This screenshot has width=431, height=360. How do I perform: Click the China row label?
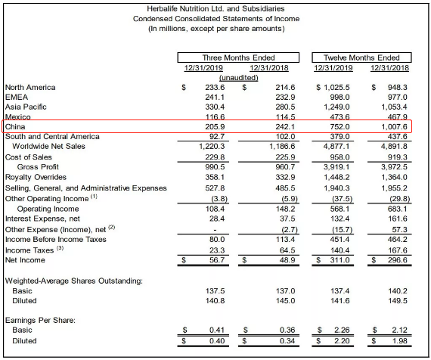[x=15, y=127]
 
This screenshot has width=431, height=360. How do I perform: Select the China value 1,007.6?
[x=394, y=127]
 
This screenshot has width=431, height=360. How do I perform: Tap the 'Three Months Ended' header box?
[x=238, y=57]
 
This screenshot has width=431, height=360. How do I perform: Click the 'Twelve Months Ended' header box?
[x=361, y=57]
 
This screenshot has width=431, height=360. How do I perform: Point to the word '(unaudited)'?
[x=239, y=78]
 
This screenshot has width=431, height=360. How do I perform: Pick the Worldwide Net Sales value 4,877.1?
[x=336, y=146]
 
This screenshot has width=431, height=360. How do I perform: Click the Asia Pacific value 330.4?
[x=215, y=107]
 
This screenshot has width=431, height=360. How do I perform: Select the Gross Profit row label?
[x=38, y=167]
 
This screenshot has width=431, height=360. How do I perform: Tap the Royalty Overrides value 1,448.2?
[x=336, y=178]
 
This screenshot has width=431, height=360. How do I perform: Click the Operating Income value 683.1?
[x=398, y=209]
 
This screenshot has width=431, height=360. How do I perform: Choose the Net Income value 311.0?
[x=340, y=260]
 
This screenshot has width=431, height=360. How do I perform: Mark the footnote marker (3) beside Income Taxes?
[x=60, y=248]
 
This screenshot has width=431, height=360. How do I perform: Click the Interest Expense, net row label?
[x=42, y=219]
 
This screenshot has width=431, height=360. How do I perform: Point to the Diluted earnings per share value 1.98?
[x=400, y=341]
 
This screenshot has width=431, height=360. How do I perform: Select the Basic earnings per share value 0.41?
[x=217, y=330]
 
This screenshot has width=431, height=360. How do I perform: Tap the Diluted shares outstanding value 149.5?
[x=398, y=301]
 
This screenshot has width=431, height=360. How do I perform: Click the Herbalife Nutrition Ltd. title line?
[x=215, y=9]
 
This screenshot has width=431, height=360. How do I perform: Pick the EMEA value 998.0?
[x=340, y=98]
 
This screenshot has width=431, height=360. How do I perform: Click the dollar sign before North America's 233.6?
[x=184, y=88]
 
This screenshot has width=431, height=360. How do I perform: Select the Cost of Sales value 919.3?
[x=398, y=157]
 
